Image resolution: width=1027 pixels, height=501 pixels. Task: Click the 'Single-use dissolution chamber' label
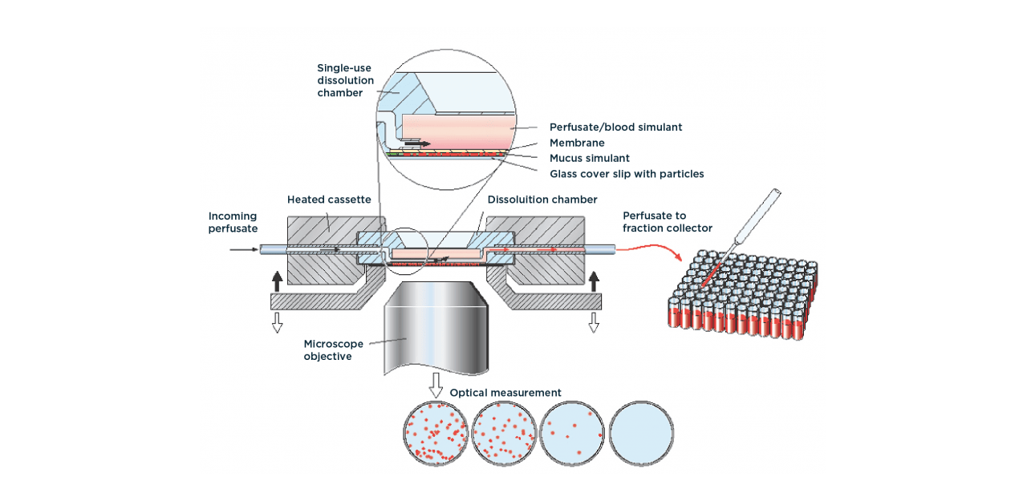point(345,80)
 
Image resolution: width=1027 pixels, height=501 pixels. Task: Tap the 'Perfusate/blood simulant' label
point(615,127)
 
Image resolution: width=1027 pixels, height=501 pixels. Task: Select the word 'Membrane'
point(577,143)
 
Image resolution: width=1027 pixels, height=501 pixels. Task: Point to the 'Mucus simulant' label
point(590,158)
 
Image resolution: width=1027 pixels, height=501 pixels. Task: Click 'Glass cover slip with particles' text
point(627,173)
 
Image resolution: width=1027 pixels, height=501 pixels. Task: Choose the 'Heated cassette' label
point(329,200)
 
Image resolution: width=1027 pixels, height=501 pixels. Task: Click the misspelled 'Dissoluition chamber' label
point(542,200)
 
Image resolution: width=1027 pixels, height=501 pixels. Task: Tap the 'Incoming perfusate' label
point(233,222)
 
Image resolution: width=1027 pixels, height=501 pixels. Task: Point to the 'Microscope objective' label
point(327,350)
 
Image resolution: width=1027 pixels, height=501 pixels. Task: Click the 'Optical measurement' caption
point(505,393)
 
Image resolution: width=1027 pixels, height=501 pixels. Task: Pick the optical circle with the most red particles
point(436,433)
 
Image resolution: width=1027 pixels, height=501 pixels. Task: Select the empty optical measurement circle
point(642,433)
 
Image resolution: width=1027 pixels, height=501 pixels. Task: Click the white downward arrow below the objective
point(436,385)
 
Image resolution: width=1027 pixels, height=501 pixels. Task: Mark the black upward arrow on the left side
point(278,281)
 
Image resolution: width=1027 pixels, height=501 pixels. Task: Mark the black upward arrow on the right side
point(594,281)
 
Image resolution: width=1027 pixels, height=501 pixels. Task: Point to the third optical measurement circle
point(573,433)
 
